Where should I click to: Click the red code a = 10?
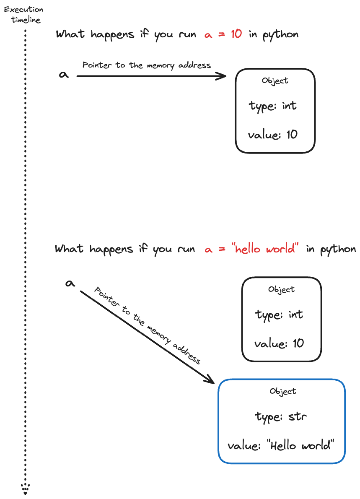point(223,34)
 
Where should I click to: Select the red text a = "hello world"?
point(252,249)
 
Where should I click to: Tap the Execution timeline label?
point(23,15)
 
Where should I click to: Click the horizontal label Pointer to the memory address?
point(146,65)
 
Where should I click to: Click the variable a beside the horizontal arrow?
point(64,75)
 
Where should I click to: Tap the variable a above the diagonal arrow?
point(70,284)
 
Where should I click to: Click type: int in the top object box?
point(273,106)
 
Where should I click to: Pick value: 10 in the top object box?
point(273,135)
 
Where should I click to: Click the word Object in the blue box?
point(283,391)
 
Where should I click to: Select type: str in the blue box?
point(281,417)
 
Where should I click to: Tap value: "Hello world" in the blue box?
point(281,445)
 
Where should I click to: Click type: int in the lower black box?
point(279,314)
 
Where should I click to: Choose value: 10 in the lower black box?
point(279,344)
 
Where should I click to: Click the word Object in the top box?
point(275,81)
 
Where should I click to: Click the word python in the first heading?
point(280,34)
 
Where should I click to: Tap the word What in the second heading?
point(69,249)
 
